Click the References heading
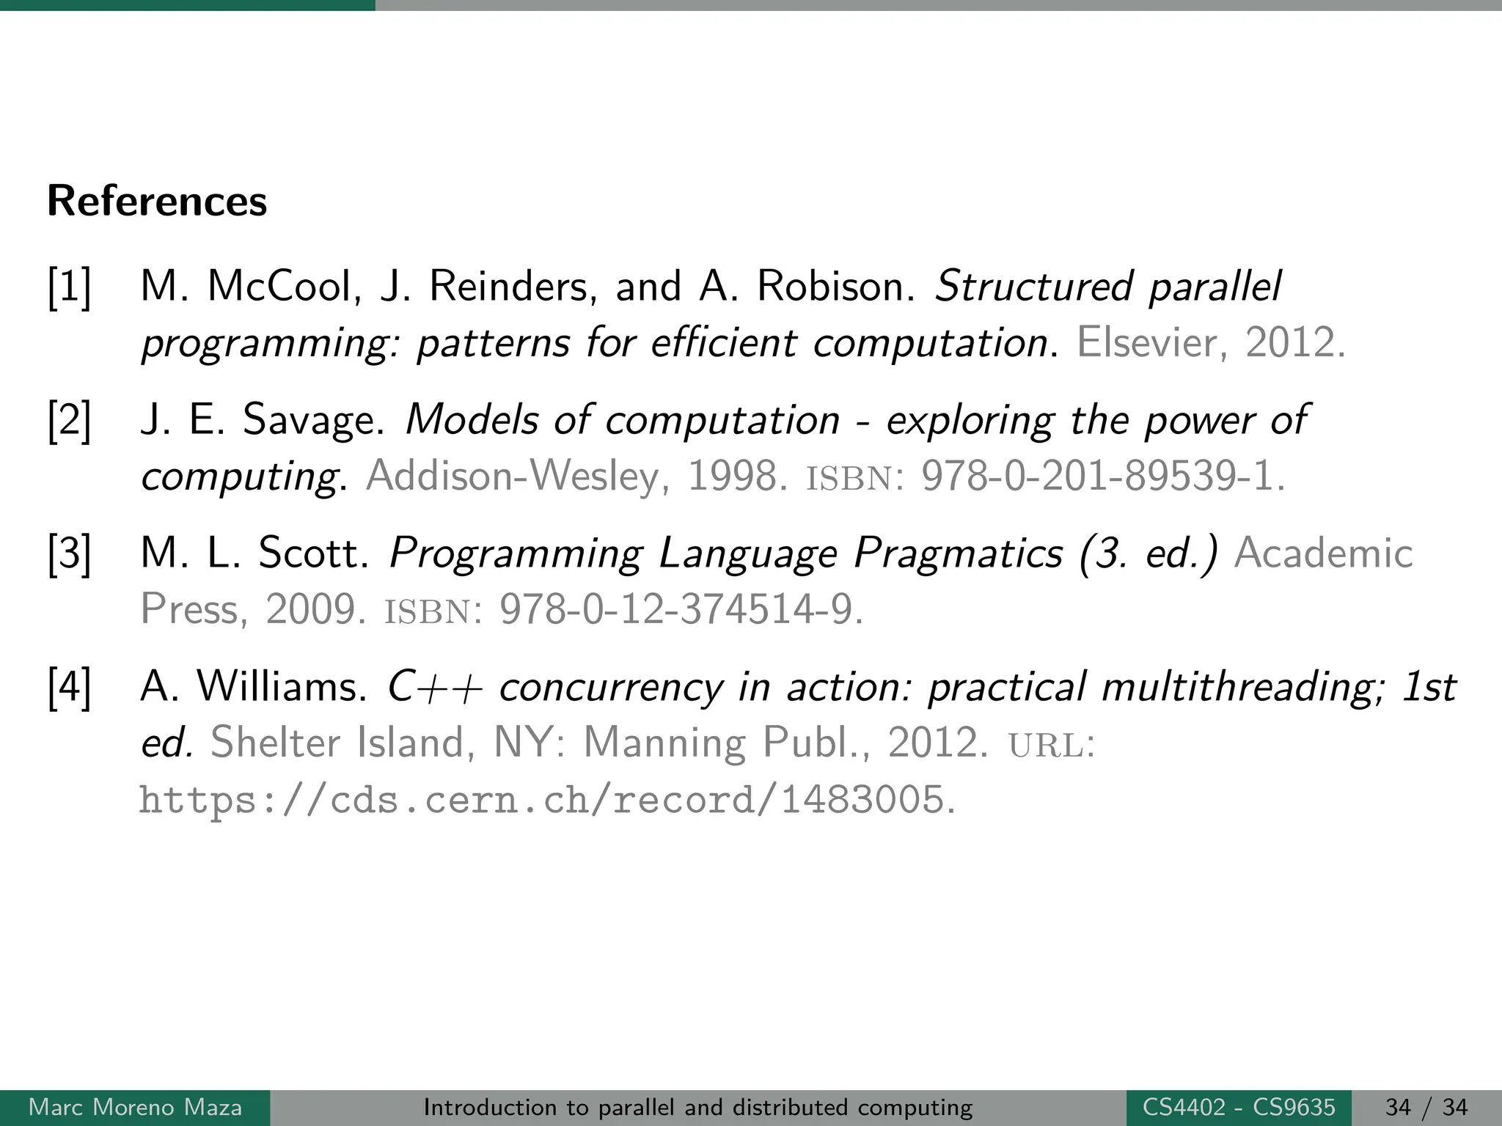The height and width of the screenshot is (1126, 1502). point(157,201)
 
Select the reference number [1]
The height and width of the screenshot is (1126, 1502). point(70,287)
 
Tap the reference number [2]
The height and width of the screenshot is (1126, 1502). point(70,421)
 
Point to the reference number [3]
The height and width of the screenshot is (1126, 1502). point(70,554)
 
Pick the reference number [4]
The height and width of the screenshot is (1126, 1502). point(70,688)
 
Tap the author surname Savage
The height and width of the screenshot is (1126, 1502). point(313,421)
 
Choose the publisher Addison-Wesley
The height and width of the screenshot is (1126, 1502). point(517,476)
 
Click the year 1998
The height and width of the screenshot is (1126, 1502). point(732,476)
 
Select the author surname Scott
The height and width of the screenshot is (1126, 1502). point(313,553)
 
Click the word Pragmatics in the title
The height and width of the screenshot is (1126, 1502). point(958,553)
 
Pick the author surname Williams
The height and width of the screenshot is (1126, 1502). point(282,687)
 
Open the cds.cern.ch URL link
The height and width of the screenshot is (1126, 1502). point(546,800)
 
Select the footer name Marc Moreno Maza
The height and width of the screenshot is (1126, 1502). point(135,1107)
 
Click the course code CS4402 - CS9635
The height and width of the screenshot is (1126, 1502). point(1239,1107)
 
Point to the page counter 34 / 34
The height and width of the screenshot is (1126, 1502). point(1426,1107)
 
